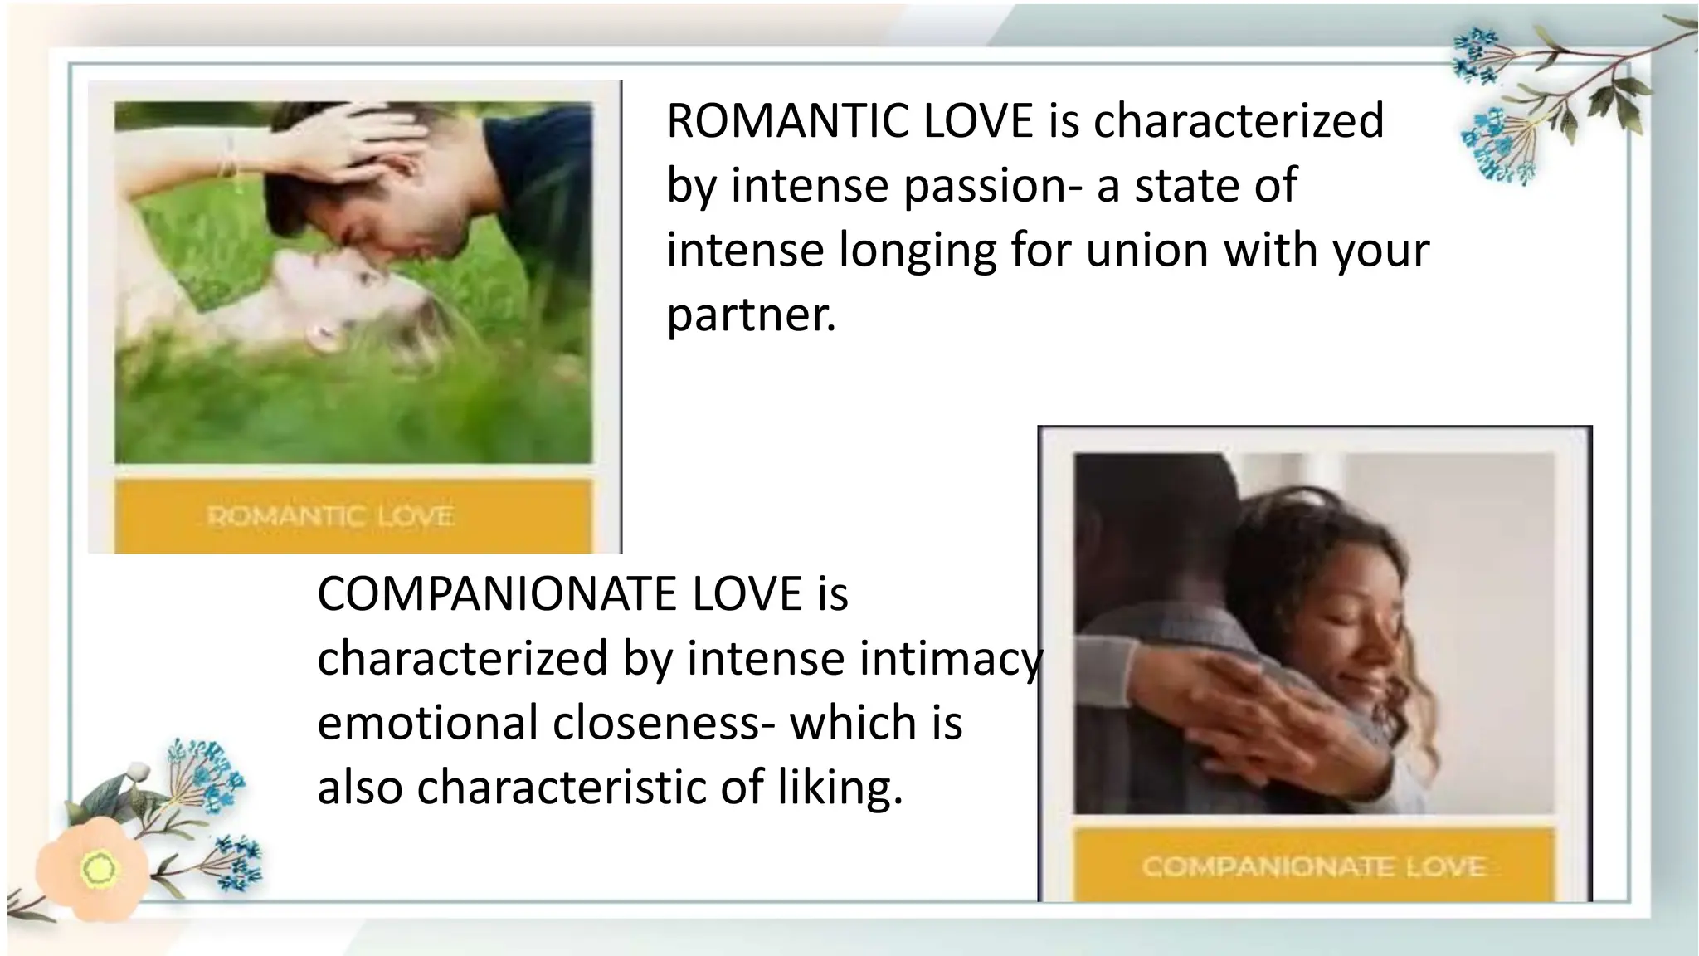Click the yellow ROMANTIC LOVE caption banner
coord(353,516)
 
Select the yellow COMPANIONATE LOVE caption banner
coord(1312,866)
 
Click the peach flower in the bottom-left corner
coord(93,868)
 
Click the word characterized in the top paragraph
coord(1238,121)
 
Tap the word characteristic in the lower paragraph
coord(561,788)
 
